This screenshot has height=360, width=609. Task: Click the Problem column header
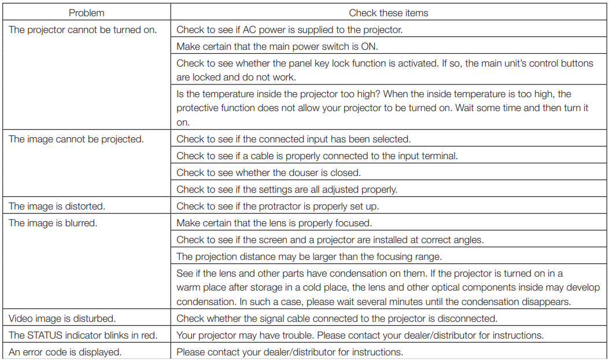click(x=87, y=13)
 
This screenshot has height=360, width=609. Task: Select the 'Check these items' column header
click(x=388, y=13)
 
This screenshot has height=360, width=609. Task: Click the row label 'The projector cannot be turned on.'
click(x=83, y=30)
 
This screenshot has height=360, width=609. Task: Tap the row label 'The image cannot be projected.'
click(x=76, y=139)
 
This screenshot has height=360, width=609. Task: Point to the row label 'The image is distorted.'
click(x=57, y=206)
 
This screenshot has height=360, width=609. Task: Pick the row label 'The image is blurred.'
click(x=53, y=223)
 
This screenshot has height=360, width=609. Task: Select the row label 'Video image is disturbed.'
click(x=62, y=318)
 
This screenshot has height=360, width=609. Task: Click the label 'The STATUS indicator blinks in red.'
click(x=83, y=335)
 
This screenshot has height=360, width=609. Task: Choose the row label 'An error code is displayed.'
click(x=65, y=352)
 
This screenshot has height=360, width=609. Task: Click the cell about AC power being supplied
click(x=289, y=30)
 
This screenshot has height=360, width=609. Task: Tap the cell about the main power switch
click(x=277, y=46)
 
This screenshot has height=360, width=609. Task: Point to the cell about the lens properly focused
click(x=274, y=223)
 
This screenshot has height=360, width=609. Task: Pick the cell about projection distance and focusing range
click(x=309, y=256)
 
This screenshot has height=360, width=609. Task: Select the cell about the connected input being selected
click(x=293, y=139)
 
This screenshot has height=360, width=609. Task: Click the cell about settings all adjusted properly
click(x=287, y=189)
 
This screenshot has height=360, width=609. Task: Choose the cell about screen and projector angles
click(x=330, y=240)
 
